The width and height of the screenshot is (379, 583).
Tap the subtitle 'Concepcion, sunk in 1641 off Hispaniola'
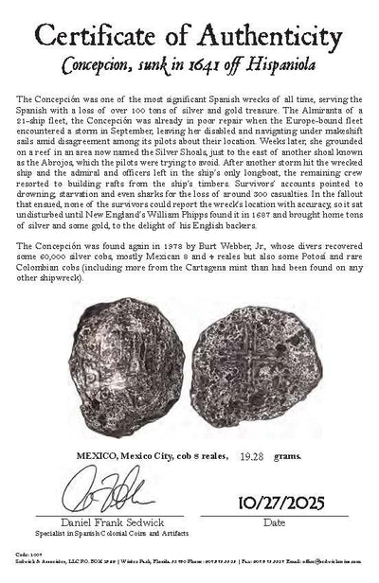(x=189, y=68)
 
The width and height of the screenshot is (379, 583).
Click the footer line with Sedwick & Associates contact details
(x=189, y=577)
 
